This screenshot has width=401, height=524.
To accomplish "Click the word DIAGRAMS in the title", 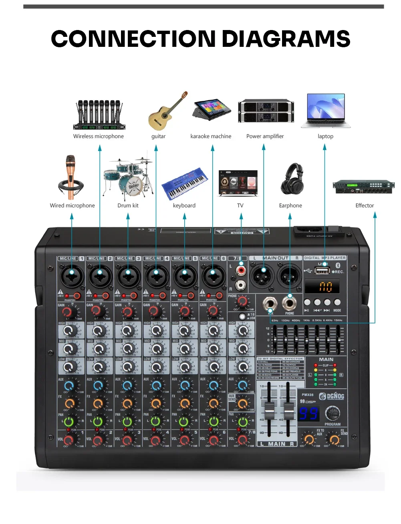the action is [x=286, y=39].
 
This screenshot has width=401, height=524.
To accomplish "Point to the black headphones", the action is [x=292, y=179].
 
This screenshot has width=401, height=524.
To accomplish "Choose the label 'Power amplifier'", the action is [x=265, y=136].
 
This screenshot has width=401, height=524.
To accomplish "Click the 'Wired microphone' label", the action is [x=72, y=205].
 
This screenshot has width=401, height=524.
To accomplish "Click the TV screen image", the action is [x=238, y=183].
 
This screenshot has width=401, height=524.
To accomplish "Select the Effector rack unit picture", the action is [x=363, y=187].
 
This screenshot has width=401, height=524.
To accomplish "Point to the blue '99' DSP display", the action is [x=308, y=413].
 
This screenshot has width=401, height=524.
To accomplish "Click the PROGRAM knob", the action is [x=332, y=413].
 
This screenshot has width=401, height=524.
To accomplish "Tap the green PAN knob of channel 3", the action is [x=127, y=421].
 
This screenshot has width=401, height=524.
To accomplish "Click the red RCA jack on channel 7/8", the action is [x=241, y=271].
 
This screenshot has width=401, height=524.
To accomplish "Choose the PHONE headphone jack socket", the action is [x=289, y=303].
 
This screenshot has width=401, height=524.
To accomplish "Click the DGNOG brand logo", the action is [x=332, y=396].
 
